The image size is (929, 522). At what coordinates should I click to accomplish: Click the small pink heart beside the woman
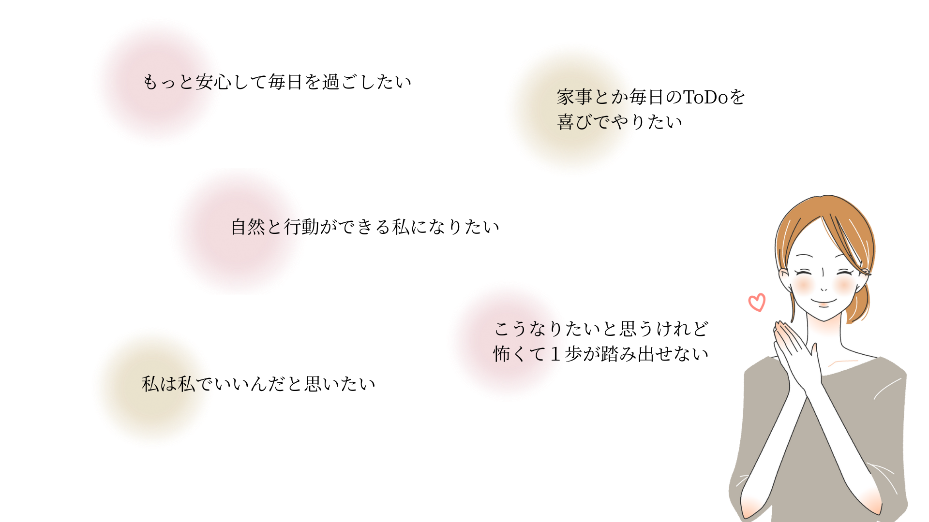coord(757,303)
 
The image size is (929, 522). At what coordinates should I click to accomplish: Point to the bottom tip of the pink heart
coord(758,312)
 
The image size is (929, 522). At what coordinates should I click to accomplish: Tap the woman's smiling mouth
coord(824,302)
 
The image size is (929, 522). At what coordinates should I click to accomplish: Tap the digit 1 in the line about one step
coord(555,354)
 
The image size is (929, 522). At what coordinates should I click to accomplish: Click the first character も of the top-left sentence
coord(150,82)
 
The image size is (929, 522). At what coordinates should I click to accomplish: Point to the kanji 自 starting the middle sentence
coord(239,227)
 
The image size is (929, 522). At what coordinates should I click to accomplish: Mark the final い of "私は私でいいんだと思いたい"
coord(367,384)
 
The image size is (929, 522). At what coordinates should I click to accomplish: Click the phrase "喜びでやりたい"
coord(619,122)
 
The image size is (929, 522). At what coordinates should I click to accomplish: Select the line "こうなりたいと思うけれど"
coord(601,329)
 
